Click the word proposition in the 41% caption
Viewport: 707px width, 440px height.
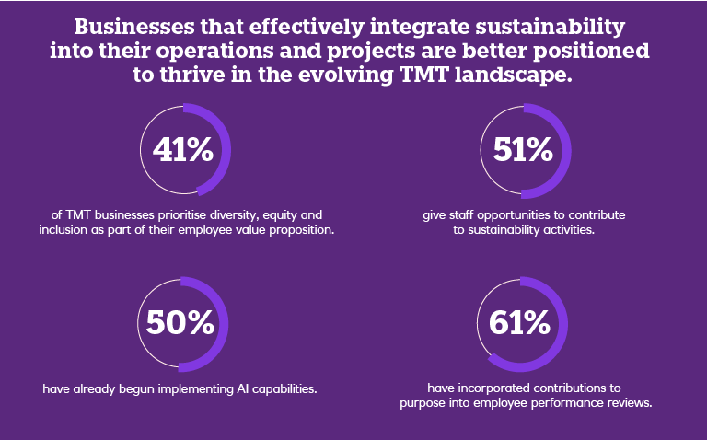coord(300,230)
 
